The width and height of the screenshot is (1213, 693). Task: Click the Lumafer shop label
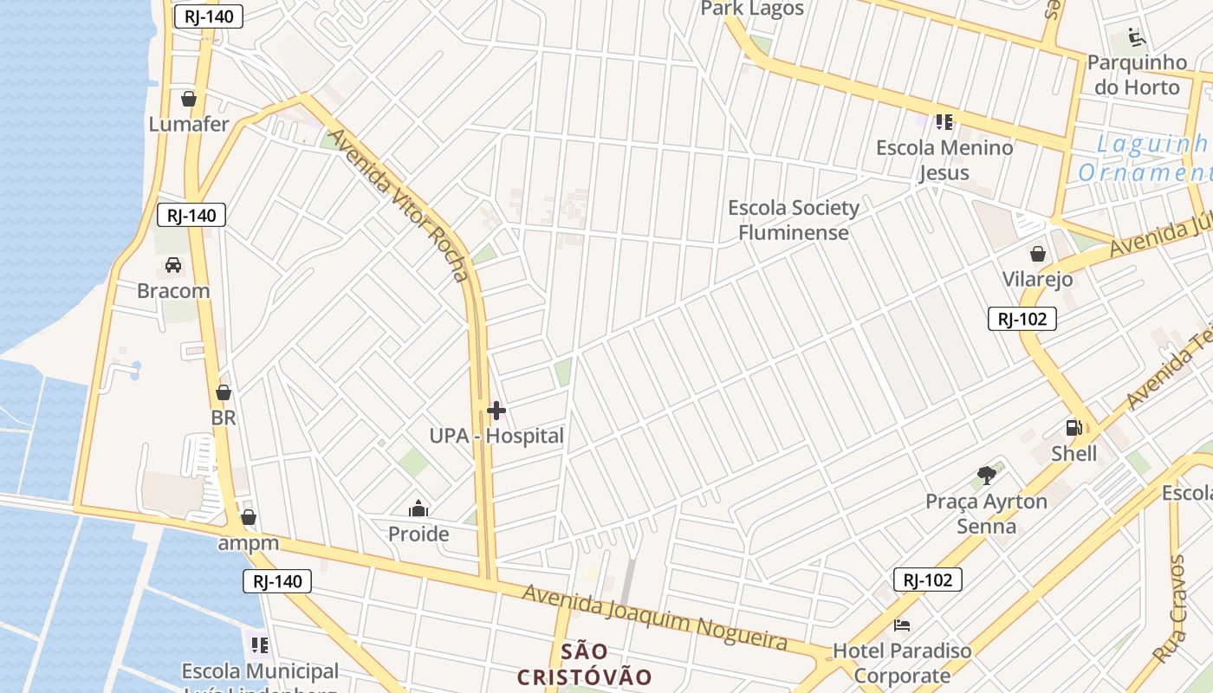(189, 124)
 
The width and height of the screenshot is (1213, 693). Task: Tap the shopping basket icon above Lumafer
(189, 99)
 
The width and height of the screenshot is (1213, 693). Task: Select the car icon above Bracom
(173, 265)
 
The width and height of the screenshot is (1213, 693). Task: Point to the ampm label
(249, 543)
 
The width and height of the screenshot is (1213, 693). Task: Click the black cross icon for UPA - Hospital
(496, 410)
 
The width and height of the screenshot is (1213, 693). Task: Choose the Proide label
(418, 534)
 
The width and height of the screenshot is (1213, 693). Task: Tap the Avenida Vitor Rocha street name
(399, 205)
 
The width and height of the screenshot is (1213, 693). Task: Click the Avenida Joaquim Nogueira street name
(655, 618)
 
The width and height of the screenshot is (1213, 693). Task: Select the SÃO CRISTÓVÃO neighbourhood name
(584, 664)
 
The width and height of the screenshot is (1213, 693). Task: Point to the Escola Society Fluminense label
(794, 220)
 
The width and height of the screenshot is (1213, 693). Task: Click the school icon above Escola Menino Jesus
(944, 122)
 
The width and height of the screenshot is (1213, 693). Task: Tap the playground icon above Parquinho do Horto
(1137, 37)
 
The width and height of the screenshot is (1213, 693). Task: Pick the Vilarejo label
(1037, 279)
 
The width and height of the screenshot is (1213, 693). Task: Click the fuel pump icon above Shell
(1074, 428)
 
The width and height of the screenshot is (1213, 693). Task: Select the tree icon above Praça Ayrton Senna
(986, 475)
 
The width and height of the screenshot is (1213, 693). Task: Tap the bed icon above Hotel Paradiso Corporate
(902, 625)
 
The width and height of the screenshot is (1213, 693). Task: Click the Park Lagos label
(752, 9)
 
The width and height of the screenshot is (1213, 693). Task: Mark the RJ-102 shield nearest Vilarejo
(1022, 319)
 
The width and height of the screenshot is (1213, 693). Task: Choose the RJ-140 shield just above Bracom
(191, 215)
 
